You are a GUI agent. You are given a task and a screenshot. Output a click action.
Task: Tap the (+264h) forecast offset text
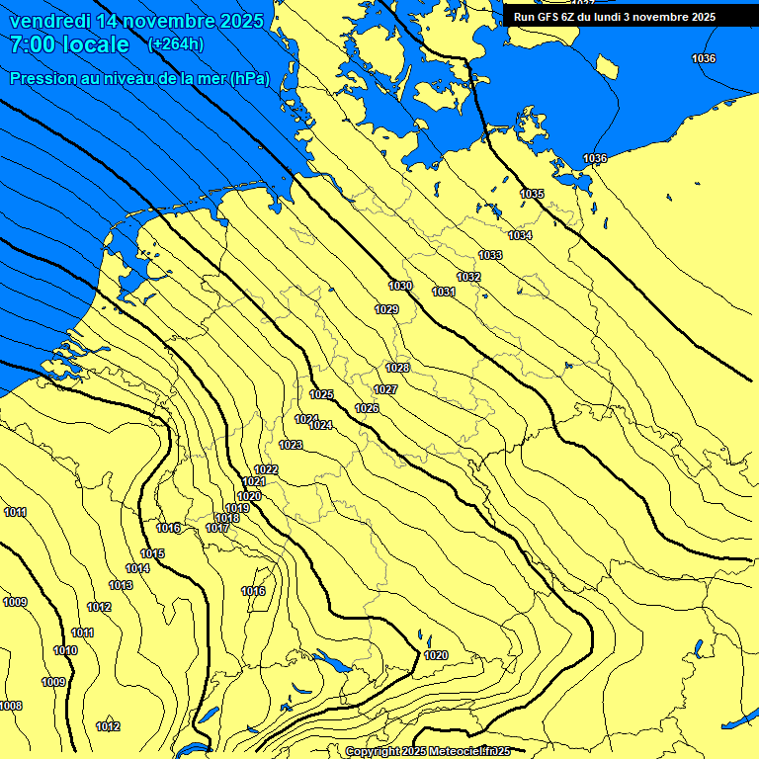click(x=175, y=43)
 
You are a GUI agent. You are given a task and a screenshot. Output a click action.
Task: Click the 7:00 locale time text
click(x=69, y=44)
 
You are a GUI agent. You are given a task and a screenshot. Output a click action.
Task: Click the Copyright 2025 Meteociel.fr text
click(x=428, y=752)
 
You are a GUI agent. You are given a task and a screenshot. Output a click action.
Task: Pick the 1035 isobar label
click(x=532, y=194)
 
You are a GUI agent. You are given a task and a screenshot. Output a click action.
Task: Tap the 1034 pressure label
click(x=520, y=235)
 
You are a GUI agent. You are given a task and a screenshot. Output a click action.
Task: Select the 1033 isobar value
click(x=490, y=255)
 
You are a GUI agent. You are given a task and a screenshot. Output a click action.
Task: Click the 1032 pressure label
click(x=468, y=277)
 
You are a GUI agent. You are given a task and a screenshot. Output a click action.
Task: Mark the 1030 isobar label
click(x=400, y=286)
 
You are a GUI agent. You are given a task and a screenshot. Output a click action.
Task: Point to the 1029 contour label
click(x=386, y=309)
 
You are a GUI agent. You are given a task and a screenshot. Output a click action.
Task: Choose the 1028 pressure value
click(x=397, y=368)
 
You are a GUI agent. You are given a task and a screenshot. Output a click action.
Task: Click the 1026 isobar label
click(x=367, y=408)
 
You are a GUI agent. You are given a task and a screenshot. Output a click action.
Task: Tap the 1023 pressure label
click(x=291, y=445)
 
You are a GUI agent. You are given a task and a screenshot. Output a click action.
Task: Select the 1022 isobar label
click(x=266, y=469)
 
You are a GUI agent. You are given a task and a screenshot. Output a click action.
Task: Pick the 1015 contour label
click(x=152, y=553)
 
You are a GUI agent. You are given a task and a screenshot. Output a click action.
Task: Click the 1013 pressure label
click(x=121, y=586)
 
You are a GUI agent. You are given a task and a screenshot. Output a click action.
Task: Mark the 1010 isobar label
click(x=65, y=650)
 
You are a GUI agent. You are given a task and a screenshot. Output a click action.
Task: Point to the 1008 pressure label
click(x=11, y=706)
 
